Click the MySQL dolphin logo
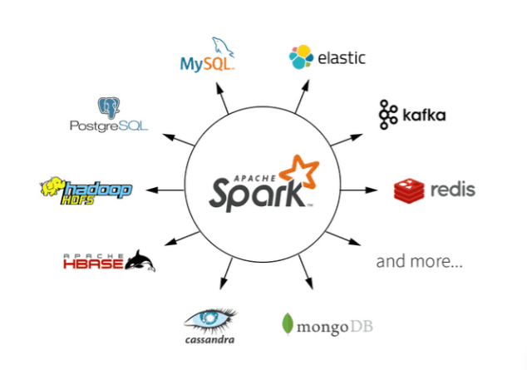(x=223, y=47)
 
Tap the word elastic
(x=341, y=58)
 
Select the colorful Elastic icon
(x=301, y=57)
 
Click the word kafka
(x=422, y=115)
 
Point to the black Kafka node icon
(x=387, y=115)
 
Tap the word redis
(x=453, y=190)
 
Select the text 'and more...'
(x=420, y=262)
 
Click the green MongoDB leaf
(x=287, y=325)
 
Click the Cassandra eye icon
(x=210, y=318)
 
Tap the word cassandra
(x=210, y=339)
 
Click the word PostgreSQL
(x=109, y=126)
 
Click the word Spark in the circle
(x=256, y=192)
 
